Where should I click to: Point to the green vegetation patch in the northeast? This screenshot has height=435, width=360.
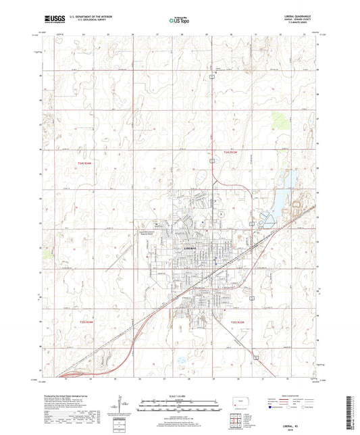coord(278,122)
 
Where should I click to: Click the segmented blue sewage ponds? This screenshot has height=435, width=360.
coord(265,220)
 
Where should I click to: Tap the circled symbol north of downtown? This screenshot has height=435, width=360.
coord(220,214)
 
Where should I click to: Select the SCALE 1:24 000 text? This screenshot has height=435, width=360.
coord(180,395)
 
